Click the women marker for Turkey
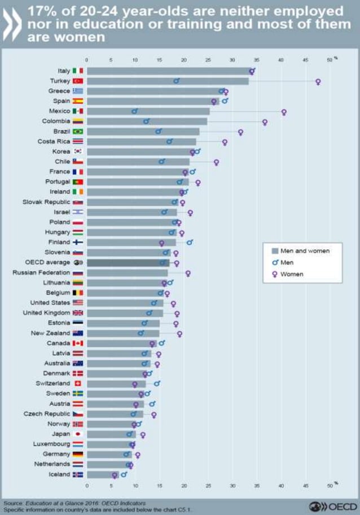coord(318,81)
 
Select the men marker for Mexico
coord(134,111)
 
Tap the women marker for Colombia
coord(265,122)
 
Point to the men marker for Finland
coord(190,242)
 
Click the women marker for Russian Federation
coord(188,273)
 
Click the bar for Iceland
coord(102,474)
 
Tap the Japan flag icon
coord(78,434)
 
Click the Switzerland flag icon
coord(78,383)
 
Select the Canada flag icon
coord(78,343)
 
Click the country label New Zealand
coord(50,333)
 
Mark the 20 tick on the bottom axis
coord(183,485)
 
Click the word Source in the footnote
coord(12,503)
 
